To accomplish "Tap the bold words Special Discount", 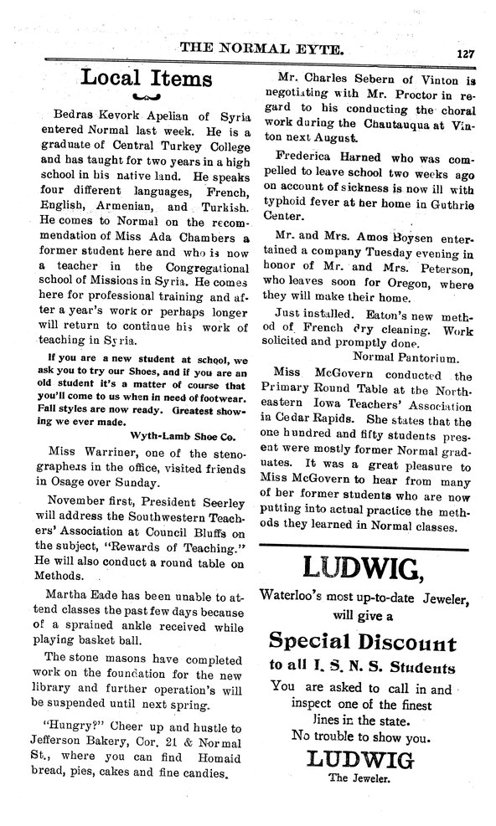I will [x=362, y=644].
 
